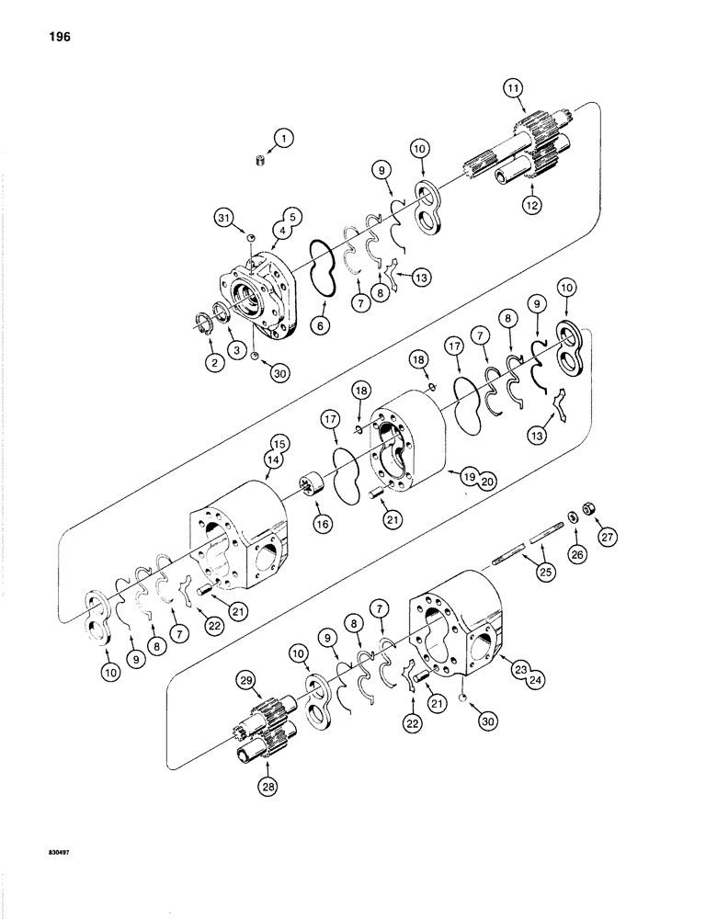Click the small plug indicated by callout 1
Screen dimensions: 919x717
pyautogui.click(x=260, y=162)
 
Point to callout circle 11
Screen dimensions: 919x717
pyautogui.click(x=513, y=88)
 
